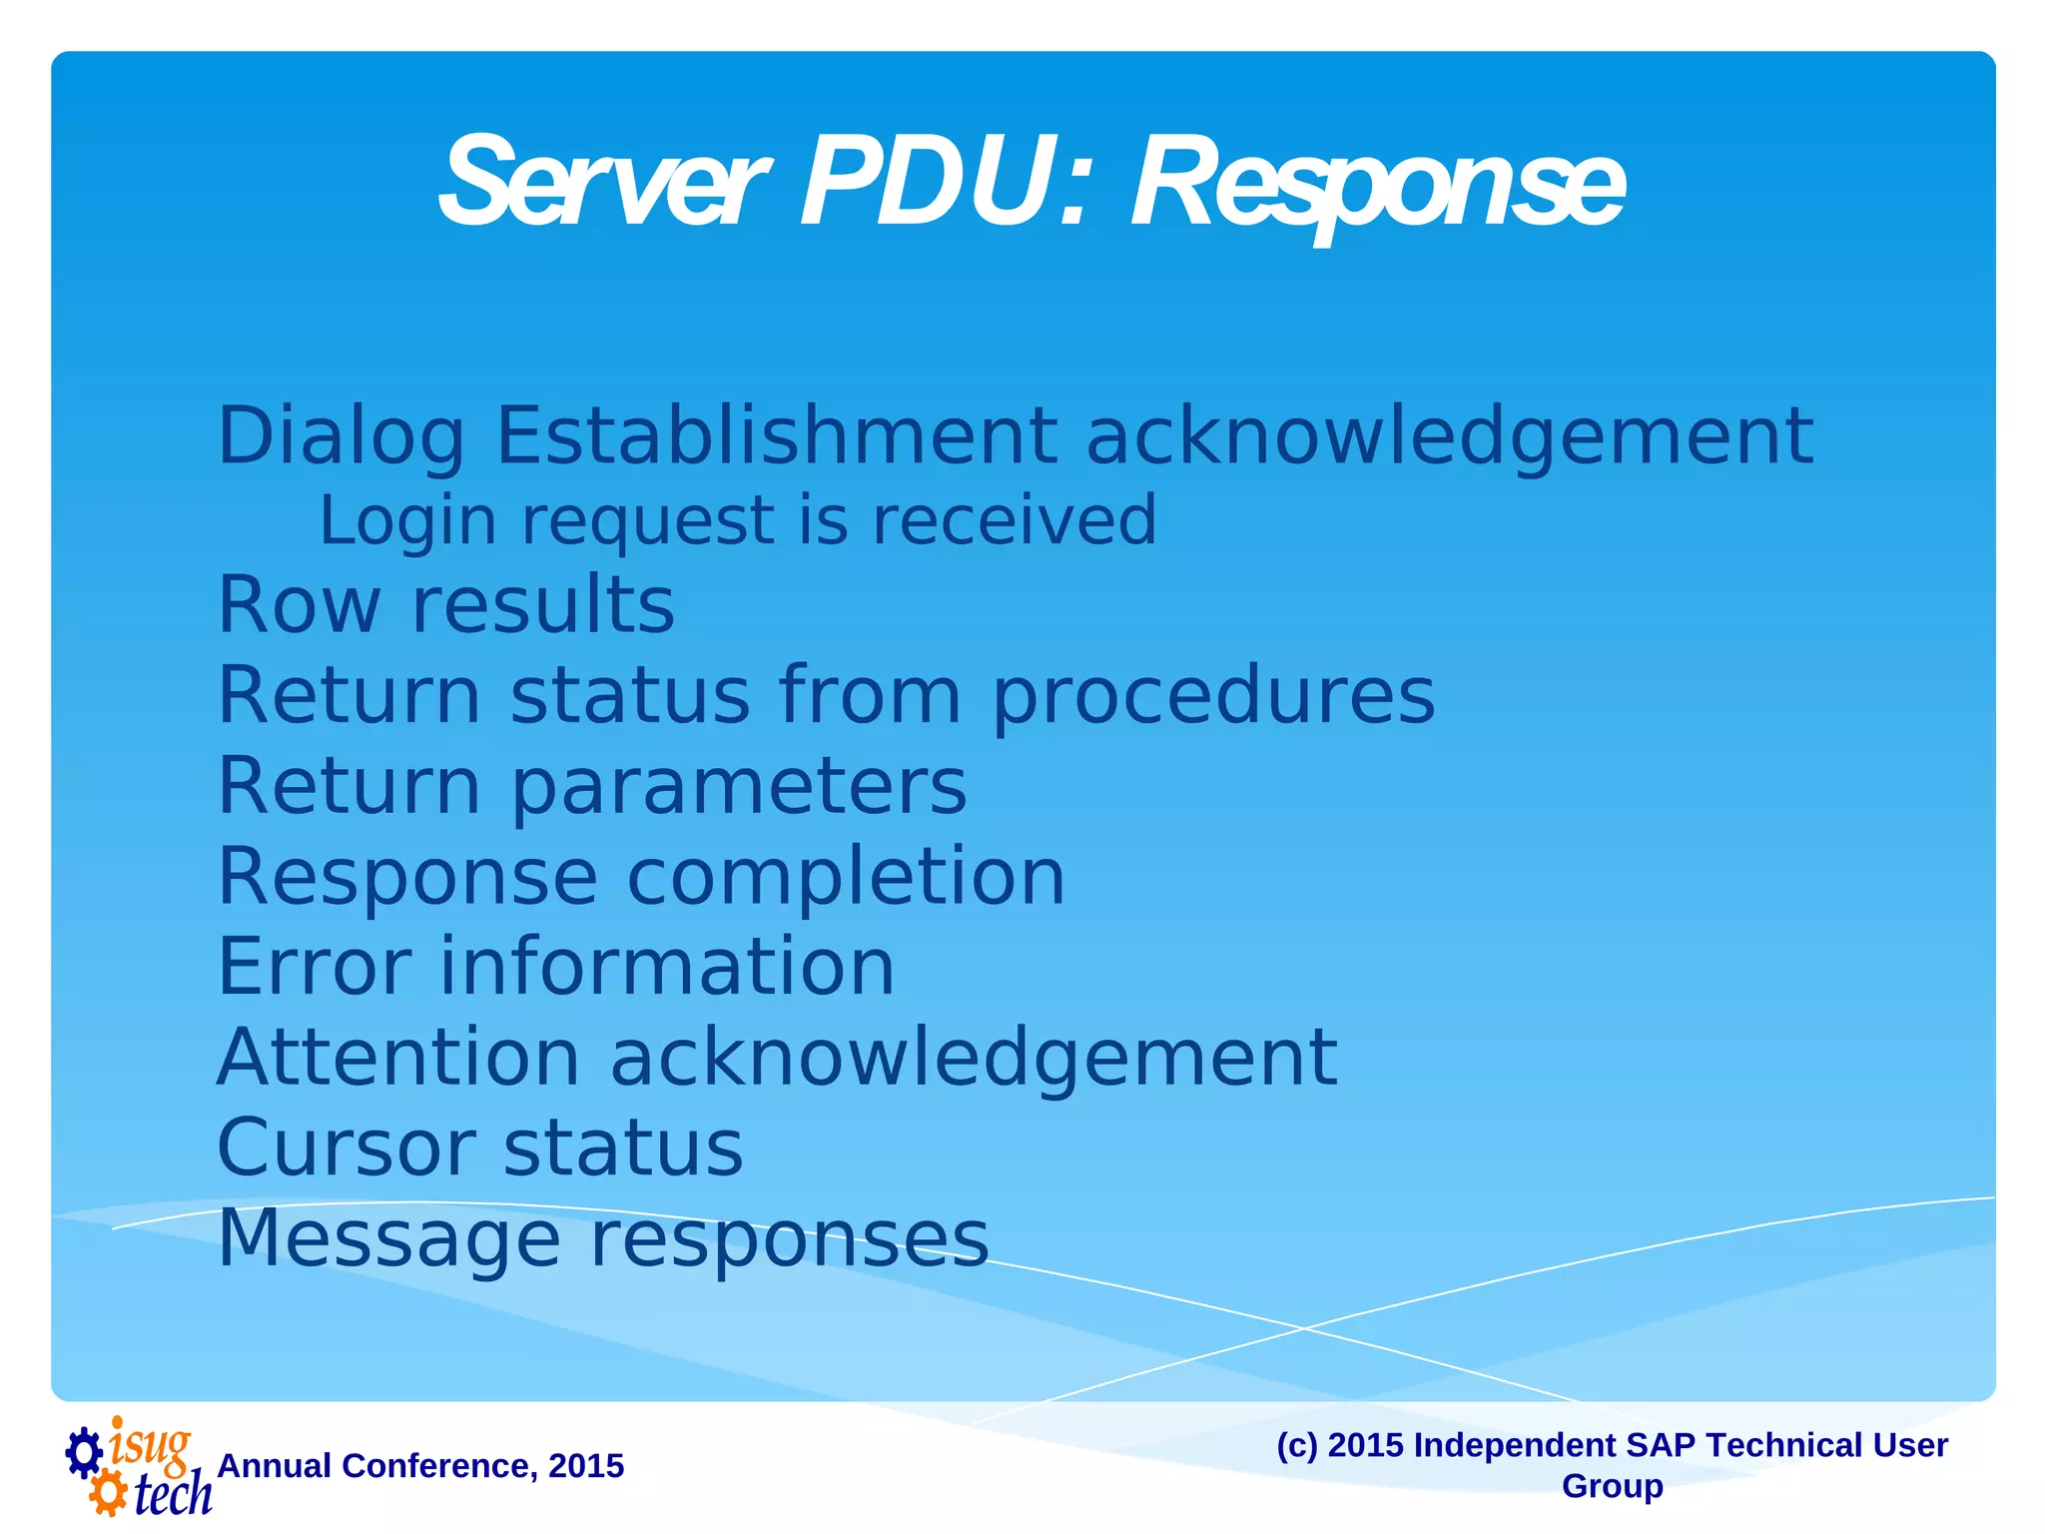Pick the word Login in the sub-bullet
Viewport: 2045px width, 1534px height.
tap(407, 521)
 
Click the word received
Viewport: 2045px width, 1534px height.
tap(1015, 520)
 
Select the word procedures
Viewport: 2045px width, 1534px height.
tap(1213, 697)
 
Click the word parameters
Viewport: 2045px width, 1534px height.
tap(739, 787)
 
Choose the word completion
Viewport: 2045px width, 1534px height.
tap(846, 877)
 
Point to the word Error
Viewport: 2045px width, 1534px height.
tap(314, 967)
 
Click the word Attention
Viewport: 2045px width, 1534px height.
tap(398, 1058)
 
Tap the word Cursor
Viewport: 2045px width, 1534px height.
tap(345, 1149)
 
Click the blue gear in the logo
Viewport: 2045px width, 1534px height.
tap(84, 1452)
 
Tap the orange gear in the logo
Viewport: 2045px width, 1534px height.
tap(107, 1494)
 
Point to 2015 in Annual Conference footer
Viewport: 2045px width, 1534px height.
tap(586, 1466)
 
